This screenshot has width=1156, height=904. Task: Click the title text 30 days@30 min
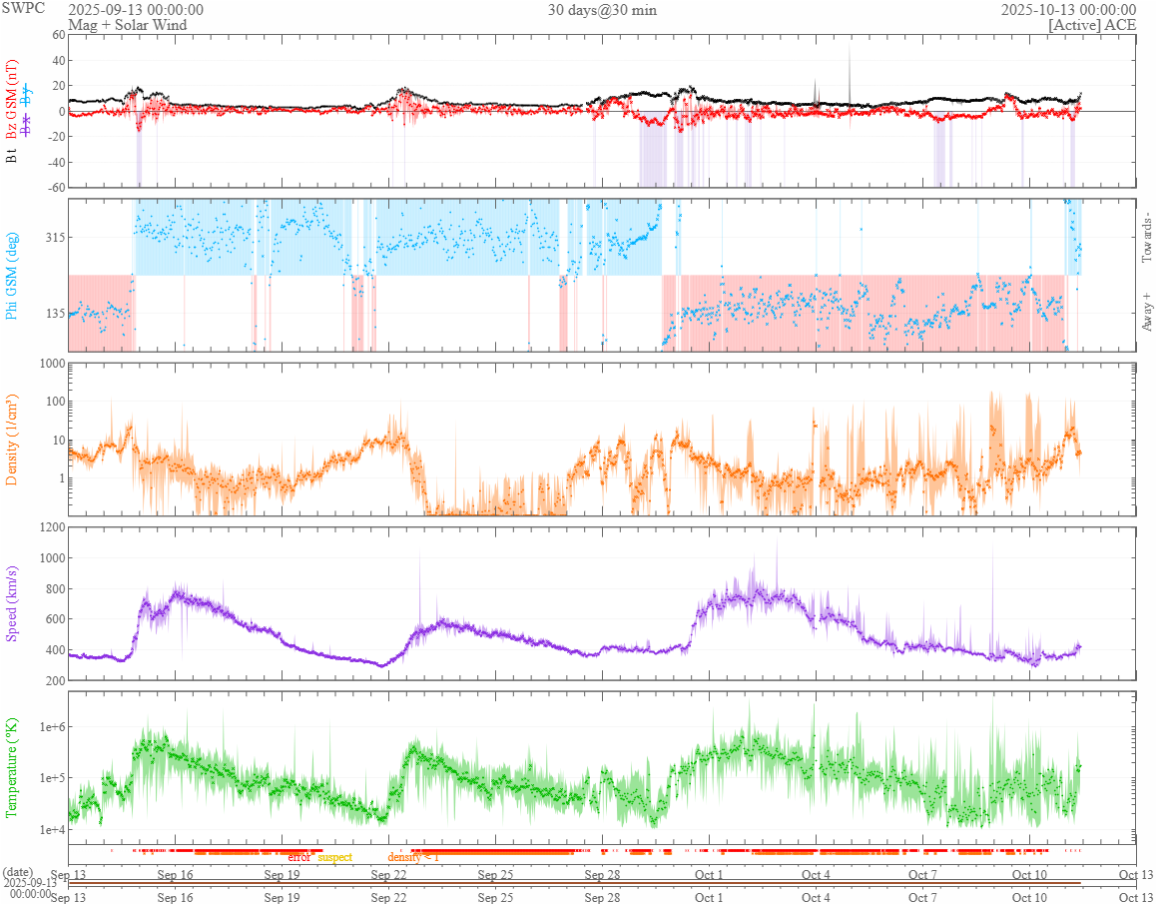click(x=602, y=10)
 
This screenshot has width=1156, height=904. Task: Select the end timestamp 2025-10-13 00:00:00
click(x=1068, y=10)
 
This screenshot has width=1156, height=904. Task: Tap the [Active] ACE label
click(x=1092, y=25)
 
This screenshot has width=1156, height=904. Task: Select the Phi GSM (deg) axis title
click(x=13, y=275)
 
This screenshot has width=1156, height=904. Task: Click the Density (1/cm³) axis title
click(x=13, y=439)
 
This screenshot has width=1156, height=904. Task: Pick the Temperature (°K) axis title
click(x=13, y=767)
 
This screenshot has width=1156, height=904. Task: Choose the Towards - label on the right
click(x=1146, y=238)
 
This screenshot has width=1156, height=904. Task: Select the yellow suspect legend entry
click(x=334, y=857)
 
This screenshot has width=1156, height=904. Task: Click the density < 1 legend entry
click(x=413, y=857)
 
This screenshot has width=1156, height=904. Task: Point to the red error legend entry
click(x=299, y=857)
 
